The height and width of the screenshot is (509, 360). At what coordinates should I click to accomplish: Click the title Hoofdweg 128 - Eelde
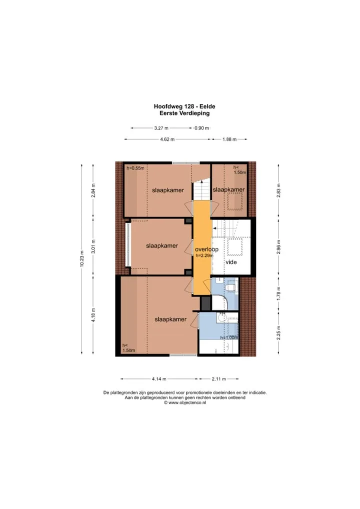(x=184, y=106)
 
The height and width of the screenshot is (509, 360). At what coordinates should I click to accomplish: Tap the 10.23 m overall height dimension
(x=82, y=258)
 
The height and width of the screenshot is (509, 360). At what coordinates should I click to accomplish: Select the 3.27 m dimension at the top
(x=161, y=128)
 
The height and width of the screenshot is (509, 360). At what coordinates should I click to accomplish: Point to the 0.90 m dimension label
(x=201, y=128)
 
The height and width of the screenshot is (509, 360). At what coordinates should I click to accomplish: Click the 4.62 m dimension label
(x=167, y=139)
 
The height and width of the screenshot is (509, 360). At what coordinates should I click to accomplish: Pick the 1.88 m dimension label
(x=229, y=139)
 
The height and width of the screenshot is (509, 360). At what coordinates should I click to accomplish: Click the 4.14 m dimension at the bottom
(x=159, y=379)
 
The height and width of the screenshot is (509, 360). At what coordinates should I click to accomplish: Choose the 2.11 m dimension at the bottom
(x=219, y=379)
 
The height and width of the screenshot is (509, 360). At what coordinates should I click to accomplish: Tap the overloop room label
(x=207, y=249)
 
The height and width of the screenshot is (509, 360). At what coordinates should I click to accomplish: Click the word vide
(x=231, y=262)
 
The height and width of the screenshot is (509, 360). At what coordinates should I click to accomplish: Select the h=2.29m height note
(x=204, y=255)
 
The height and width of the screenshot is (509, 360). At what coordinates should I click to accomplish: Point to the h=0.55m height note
(x=135, y=168)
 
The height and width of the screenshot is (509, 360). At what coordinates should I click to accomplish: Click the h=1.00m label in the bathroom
(x=229, y=337)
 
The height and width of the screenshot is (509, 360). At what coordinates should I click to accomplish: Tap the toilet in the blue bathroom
(x=231, y=287)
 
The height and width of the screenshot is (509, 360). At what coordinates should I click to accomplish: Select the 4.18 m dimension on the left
(x=93, y=315)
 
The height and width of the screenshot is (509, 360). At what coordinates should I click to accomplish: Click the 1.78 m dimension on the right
(x=278, y=293)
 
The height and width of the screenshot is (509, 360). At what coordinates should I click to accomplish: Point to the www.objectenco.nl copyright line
(x=185, y=402)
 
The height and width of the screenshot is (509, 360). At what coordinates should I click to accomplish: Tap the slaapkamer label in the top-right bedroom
(x=228, y=189)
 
